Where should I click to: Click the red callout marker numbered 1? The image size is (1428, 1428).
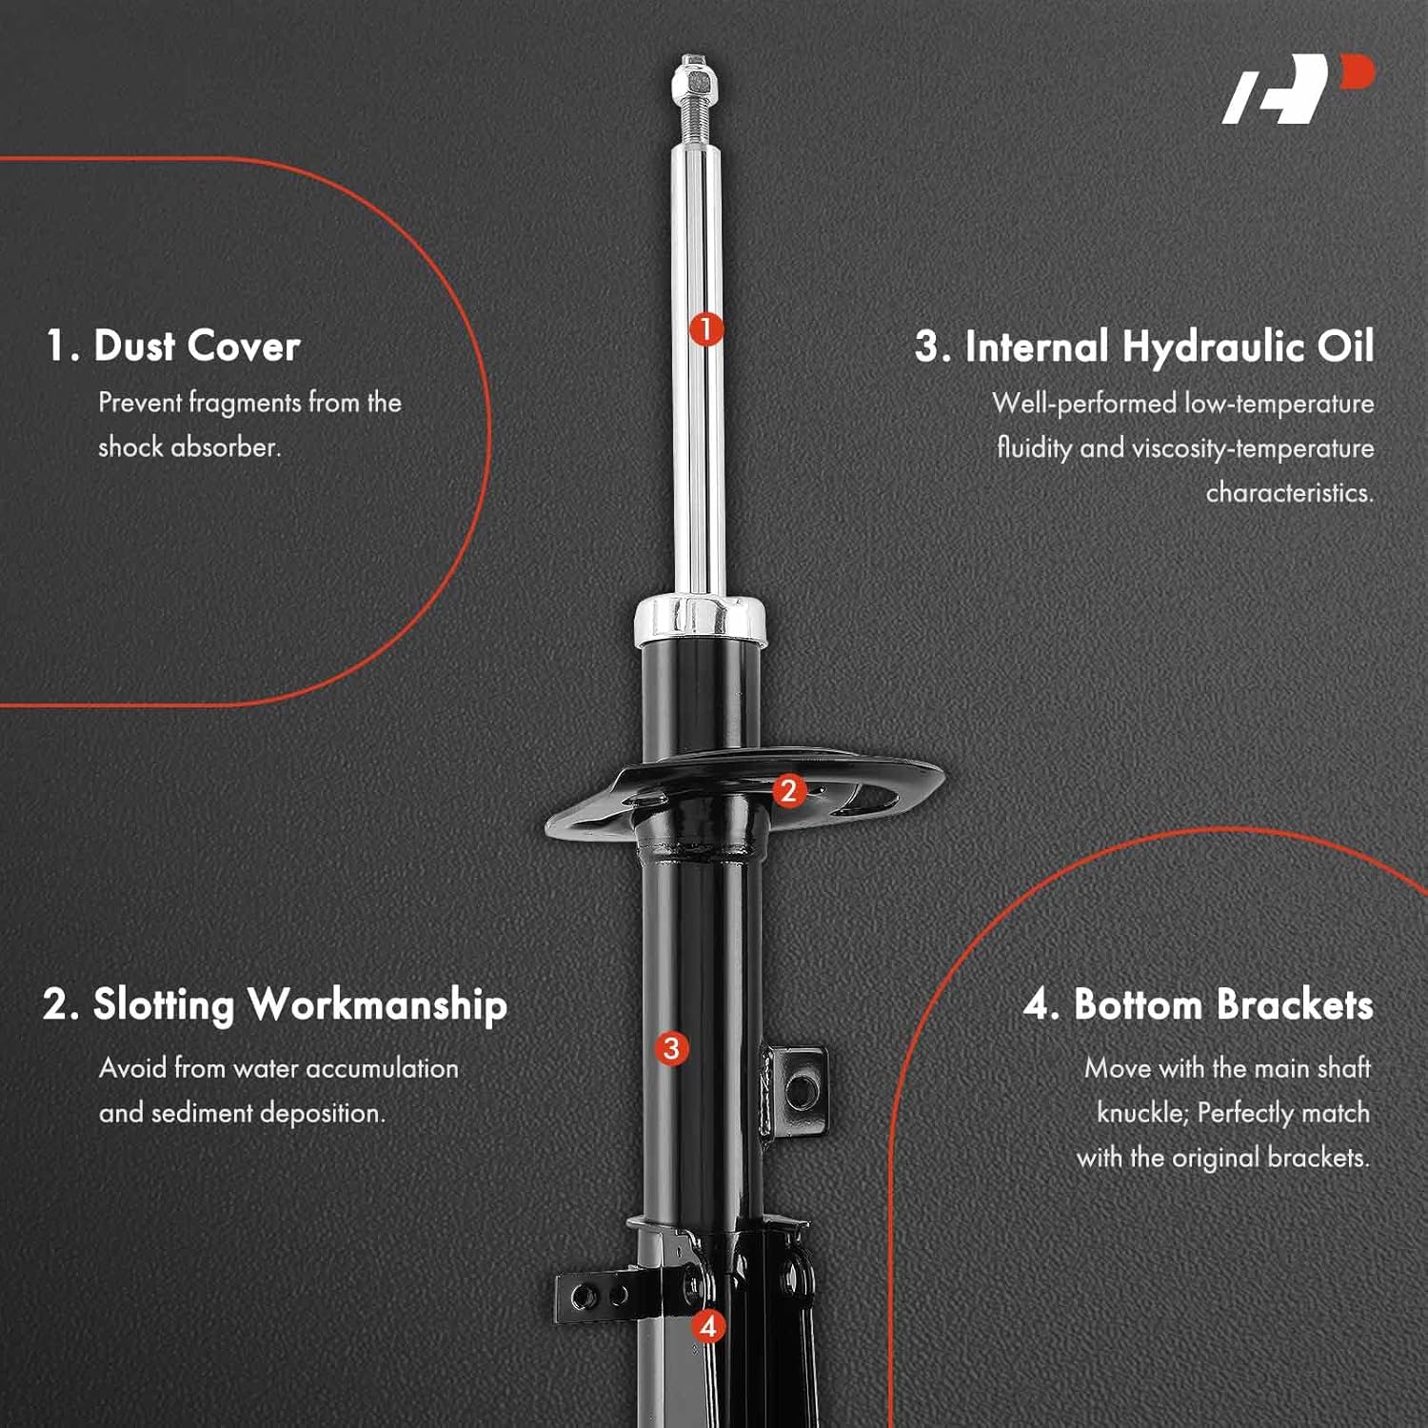[x=705, y=329]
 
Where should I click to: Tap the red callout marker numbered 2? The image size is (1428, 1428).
[x=788, y=790]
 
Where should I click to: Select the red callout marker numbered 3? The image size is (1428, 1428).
[x=671, y=1048]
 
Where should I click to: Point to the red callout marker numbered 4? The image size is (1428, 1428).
[x=707, y=1325]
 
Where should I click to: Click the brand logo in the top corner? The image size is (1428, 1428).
[x=1299, y=89]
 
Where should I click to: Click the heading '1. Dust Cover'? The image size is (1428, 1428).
[x=173, y=346]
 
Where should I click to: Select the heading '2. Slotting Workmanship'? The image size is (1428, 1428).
[x=275, y=1004]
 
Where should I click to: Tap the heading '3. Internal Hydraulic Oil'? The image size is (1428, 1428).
[x=1144, y=347]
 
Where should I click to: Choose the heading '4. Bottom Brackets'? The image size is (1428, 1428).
[x=1198, y=1004]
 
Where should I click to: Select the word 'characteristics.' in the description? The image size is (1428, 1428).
[x=1289, y=493]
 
